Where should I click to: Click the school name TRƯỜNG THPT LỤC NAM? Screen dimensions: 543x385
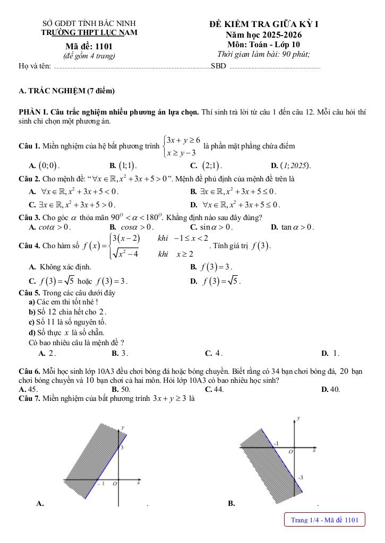[89, 32]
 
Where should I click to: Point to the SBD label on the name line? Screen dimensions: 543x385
[218, 66]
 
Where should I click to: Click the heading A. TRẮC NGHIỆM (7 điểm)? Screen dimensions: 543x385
[66, 91]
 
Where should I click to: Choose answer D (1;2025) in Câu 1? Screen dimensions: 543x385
[291, 165]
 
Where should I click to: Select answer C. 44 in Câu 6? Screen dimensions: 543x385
[214, 389]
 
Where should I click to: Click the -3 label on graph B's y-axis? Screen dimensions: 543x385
[301, 478]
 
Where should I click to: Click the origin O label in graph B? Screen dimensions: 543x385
[290, 452]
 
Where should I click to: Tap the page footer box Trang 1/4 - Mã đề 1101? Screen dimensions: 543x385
[325, 520]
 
